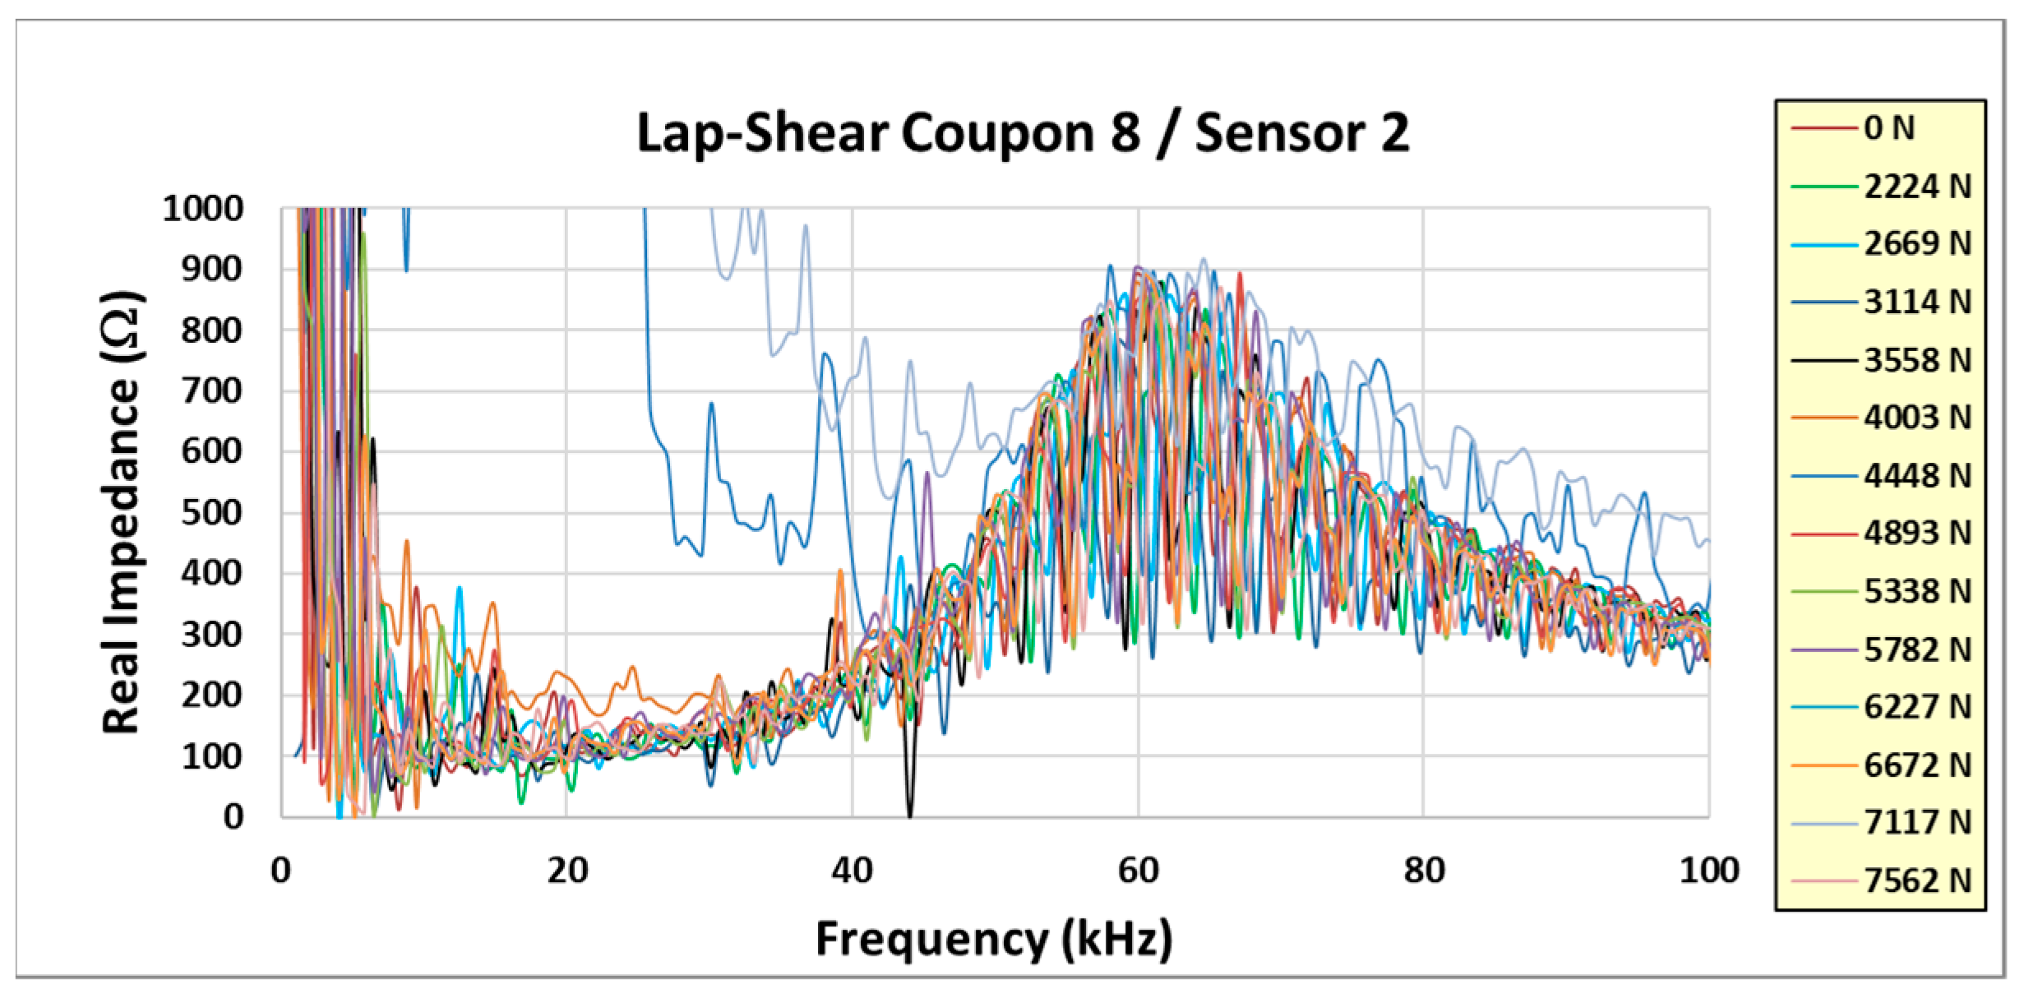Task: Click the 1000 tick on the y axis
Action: tap(203, 209)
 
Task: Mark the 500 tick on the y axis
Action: tap(211, 513)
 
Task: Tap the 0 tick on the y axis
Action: tap(233, 816)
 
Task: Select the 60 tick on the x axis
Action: tap(1138, 870)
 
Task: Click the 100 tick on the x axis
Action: tap(1708, 870)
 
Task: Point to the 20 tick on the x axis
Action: tap(567, 870)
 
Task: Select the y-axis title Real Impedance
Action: tap(122, 511)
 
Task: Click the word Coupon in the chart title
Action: tap(997, 133)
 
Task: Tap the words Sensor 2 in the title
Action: tap(1301, 133)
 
